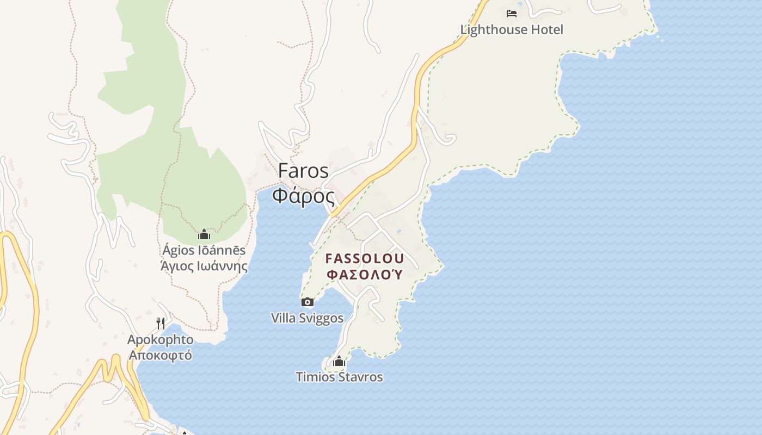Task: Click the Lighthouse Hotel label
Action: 512,29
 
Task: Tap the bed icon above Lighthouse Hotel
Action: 512,14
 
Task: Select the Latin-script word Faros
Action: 303,171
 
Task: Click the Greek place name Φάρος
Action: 303,195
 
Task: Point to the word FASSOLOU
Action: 365,258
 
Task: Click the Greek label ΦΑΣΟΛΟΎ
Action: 365,274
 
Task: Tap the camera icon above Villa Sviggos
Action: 308,302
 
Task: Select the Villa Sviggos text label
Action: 308,318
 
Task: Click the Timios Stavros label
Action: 339,377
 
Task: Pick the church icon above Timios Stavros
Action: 339,361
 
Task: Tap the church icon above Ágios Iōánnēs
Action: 204,234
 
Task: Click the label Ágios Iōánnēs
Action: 204,251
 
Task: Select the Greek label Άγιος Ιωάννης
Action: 204,266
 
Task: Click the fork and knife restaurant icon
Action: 161,324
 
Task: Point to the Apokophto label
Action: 160,340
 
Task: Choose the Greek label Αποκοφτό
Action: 160,355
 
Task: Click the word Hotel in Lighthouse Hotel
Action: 545,29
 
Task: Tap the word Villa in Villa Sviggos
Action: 284,318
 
